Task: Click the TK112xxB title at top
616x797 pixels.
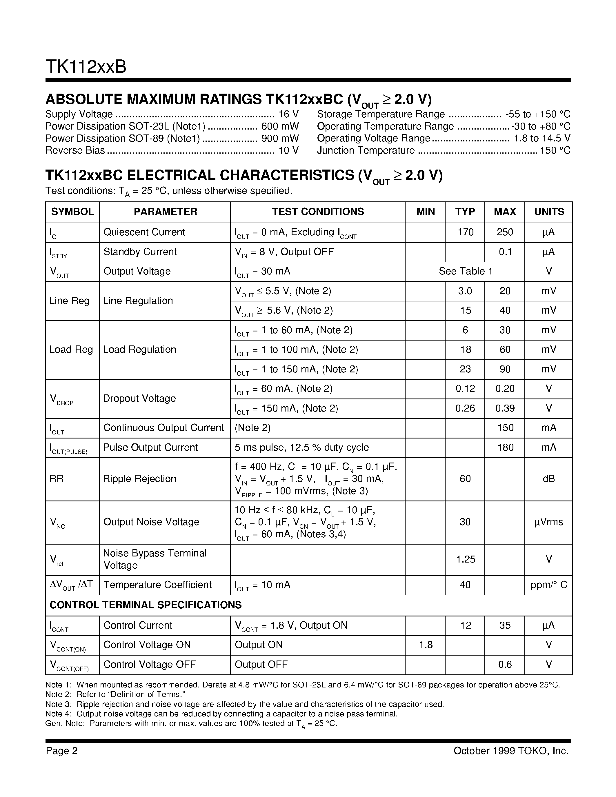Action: (86, 67)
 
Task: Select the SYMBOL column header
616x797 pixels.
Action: (72, 212)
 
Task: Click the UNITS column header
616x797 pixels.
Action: (549, 212)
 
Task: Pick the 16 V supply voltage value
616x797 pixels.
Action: (288, 114)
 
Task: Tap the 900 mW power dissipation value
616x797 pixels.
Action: (280, 138)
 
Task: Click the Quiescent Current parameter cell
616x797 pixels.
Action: (144, 232)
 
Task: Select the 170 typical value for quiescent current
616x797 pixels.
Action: (465, 232)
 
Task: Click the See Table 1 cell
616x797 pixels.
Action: (465, 271)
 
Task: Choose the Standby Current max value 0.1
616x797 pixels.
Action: (505, 252)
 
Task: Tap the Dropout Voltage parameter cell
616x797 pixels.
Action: (139, 398)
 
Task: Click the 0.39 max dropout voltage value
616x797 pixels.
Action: (505, 408)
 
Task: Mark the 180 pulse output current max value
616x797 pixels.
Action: (505, 447)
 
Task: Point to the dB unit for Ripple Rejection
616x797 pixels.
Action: (549, 478)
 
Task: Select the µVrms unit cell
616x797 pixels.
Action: (548, 522)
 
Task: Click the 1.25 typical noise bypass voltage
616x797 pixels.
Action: (466, 559)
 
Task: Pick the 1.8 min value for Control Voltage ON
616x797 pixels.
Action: (426, 645)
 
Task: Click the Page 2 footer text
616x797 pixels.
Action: (62, 751)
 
